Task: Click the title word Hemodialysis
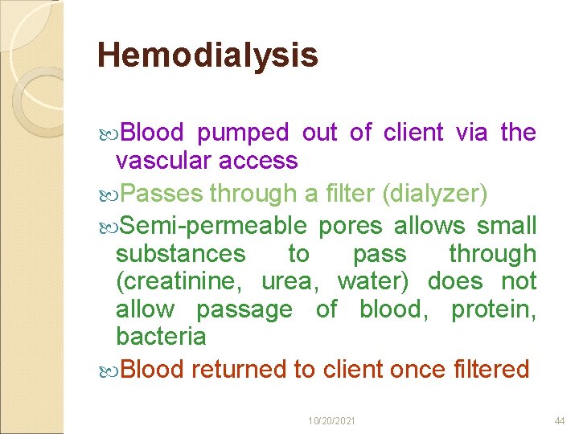(207, 55)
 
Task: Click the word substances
(180, 254)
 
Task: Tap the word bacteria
(161, 336)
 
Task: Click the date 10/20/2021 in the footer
(332, 421)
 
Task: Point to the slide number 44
(560, 421)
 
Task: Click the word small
(507, 226)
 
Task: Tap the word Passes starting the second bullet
(164, 194)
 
